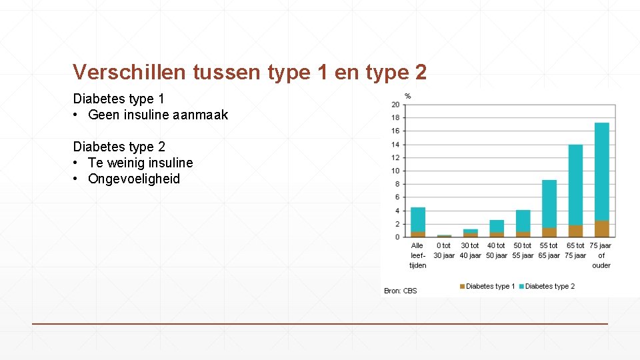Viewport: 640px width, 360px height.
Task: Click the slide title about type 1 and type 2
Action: pyautogui.click(x=250, y=72)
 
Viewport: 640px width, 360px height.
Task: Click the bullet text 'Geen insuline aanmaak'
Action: pyautogui.click(x=158, y=115)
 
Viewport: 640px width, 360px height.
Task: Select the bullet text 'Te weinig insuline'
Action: pyautogui.click(x=140, y=163)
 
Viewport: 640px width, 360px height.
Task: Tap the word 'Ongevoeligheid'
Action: pyautogui.click(x=134, y=179)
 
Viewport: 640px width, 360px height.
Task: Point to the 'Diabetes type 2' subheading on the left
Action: pyautogui.click(x=119, y=147)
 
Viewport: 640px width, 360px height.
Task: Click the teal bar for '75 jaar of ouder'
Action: pyautogui.click(x=602, y=171)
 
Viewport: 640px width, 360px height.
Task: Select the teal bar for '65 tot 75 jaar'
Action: pyautogui.click(x=575, y=185)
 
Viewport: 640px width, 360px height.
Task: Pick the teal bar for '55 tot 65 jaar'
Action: pyautogui.click(x=549, y=203)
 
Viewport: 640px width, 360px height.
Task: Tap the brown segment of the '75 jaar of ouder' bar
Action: pyautogui.click(x=602, y=229)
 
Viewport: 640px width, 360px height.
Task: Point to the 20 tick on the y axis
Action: pyautogui.click(x=395, y=105)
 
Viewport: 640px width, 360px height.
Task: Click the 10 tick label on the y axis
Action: pyautogui.click(x=395, y=171)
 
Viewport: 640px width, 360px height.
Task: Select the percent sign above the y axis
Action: pyautogui.click(x=407, y=96)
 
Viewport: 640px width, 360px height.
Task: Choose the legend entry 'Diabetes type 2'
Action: pyautogui.click(x=549, y=287)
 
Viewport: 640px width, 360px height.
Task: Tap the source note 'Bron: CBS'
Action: pyautogui.click(x=401, y=291)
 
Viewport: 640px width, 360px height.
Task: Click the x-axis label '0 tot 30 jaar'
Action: pyautogui.click(x=444, y=251)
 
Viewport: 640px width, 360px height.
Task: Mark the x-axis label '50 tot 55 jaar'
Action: pyautogui.click(x=523, y=251)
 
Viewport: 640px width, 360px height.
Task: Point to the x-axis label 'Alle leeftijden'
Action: pyautogui.click(x=417, y=255)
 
